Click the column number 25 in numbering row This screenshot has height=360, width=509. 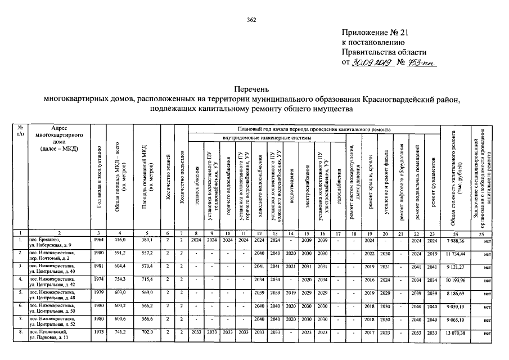click(481, 232)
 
